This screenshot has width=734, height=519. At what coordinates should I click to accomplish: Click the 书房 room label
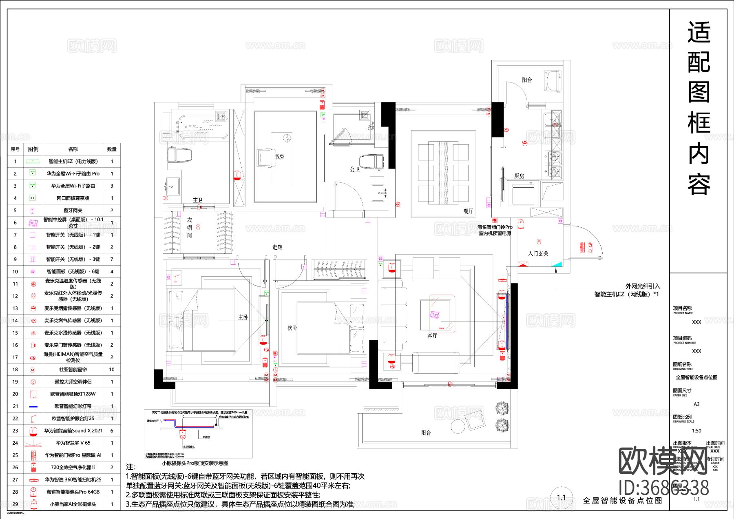click(x=279, y=157)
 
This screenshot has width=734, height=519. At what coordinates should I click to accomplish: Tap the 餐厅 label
click(x=468, y=211)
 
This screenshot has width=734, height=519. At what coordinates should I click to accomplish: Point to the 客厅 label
click(x=432, y=335)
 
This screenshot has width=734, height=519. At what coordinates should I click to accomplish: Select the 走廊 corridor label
click(x=277, y=247)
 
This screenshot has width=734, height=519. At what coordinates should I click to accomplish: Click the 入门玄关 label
click(x=538, y=253)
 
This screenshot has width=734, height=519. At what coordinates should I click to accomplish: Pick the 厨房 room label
click(x=519, y=176)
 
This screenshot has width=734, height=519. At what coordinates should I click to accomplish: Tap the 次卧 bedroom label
click(x=292, y=328)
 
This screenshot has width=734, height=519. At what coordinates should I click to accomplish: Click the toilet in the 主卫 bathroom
click(x=179, y=155)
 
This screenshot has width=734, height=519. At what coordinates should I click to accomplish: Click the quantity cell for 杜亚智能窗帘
click(x=112, y=370)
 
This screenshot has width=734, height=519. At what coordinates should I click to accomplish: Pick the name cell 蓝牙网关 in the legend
click(x=73, y=211)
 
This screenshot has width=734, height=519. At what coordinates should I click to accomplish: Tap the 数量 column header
click(x=112, y=149)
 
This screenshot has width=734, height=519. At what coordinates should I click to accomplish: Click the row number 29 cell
click(x=15, y=504)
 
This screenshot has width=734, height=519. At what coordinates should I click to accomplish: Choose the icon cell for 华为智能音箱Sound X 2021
click(x=33, y=431)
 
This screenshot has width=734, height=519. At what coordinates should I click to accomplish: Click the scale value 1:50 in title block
click(x=696, y=431)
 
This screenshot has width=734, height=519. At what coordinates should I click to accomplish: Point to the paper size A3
click(x=696, y=404)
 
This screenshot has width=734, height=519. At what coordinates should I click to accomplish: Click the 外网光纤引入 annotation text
click(x=643, y=286)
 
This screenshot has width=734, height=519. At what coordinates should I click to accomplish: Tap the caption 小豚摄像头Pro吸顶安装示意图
click(x=195, y=463)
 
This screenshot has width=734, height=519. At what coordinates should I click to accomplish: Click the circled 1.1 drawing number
click(x=562, y=497)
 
